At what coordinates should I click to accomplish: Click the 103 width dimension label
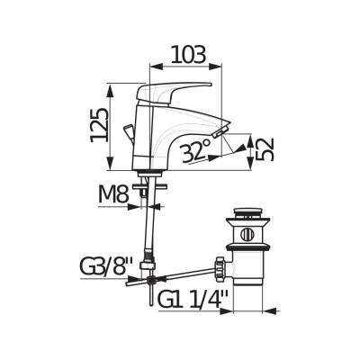[x=189, y=55]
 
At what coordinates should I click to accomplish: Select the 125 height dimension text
[x=99, y=125]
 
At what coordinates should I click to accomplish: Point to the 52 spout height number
[x=265, y=149]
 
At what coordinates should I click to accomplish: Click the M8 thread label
[x=113, y=194]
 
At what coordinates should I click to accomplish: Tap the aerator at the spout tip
[x=220, y=132]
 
